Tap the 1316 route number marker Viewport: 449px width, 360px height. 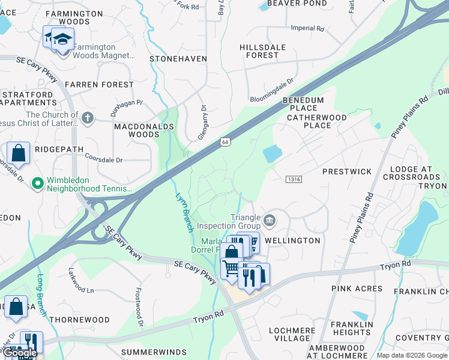coord(294,179)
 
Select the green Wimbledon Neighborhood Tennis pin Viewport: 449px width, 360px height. coord(37,182)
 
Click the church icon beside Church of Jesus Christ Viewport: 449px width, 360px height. coord(88,118)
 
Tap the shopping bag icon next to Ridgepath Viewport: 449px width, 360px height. coord(19,153)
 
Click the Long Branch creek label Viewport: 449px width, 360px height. coord(41,295)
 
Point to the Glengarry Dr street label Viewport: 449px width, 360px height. coord(203,122)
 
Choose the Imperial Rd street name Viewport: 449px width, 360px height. coord(307,28)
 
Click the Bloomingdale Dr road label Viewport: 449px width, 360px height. coord(272,89)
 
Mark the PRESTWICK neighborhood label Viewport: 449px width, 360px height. coord(347,172)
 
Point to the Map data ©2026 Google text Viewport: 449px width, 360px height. coord(412,355)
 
